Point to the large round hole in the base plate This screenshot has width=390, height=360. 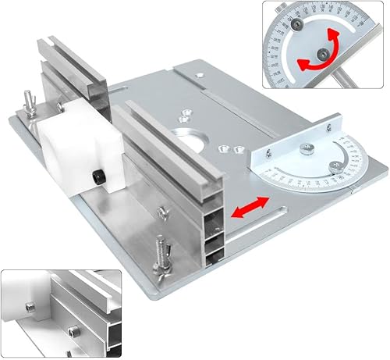pyautogui.click(x=200, y=148)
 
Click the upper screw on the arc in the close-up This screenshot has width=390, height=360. pyautogui.click(x=298, y=27)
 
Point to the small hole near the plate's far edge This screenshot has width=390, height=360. pyautogui.click(x=200, y=76)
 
